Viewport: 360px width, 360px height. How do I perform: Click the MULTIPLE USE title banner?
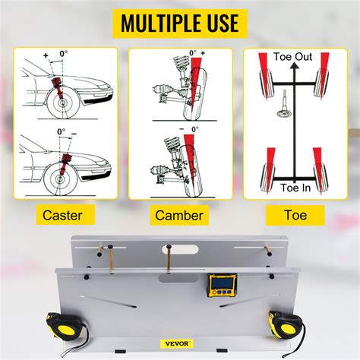pos(180,23)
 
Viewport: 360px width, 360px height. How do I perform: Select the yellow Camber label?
pos(179,215)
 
